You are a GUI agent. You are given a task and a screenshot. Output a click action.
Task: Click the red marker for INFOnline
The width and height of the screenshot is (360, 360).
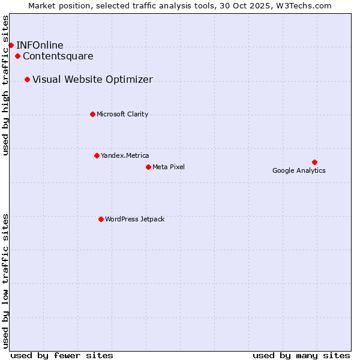tap(11, 45)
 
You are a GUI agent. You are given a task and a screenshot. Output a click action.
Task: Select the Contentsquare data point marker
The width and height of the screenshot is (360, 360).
tap(18, 56)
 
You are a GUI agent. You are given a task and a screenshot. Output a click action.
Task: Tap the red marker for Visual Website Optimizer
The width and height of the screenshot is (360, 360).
tap(27, 79)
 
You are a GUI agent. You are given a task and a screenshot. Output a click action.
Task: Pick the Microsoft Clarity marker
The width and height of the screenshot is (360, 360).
tap(92, 114)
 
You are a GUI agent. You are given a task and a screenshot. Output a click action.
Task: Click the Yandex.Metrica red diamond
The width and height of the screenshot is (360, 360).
tap(97, 155)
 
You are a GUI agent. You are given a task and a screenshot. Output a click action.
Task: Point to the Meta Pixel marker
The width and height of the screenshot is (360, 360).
tap(148, 167)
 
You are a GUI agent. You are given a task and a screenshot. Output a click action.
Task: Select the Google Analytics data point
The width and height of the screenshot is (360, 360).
tap(314, 162)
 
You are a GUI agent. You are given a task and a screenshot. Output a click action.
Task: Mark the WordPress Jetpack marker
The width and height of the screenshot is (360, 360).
tap(101, 219)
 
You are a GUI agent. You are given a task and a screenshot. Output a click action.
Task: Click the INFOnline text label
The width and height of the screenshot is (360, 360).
tap(40, 45)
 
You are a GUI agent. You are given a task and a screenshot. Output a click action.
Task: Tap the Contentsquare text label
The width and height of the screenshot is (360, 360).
tap(58, 56)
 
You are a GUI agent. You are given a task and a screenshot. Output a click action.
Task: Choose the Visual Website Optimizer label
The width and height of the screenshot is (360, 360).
tap(92, 79)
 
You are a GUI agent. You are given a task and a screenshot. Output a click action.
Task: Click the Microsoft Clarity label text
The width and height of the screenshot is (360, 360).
tap(122, 114)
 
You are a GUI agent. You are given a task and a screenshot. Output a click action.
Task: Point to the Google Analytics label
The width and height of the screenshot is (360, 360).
tap(299, 170)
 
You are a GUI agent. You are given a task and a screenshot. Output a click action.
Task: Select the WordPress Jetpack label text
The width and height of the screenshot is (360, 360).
tap(134, 219)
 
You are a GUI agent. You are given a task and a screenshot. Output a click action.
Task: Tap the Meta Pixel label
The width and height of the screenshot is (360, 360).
tap(169, 167)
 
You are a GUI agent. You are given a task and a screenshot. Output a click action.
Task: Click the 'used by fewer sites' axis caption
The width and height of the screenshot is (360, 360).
tap(62, 355)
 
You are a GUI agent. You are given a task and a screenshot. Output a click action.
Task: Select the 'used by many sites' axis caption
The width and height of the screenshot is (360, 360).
tap(301, 355)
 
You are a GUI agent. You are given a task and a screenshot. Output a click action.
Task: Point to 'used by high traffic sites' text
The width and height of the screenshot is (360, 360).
tap(5, 85)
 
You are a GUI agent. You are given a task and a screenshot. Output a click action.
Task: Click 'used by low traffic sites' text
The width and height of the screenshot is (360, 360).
tap(5, 280)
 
